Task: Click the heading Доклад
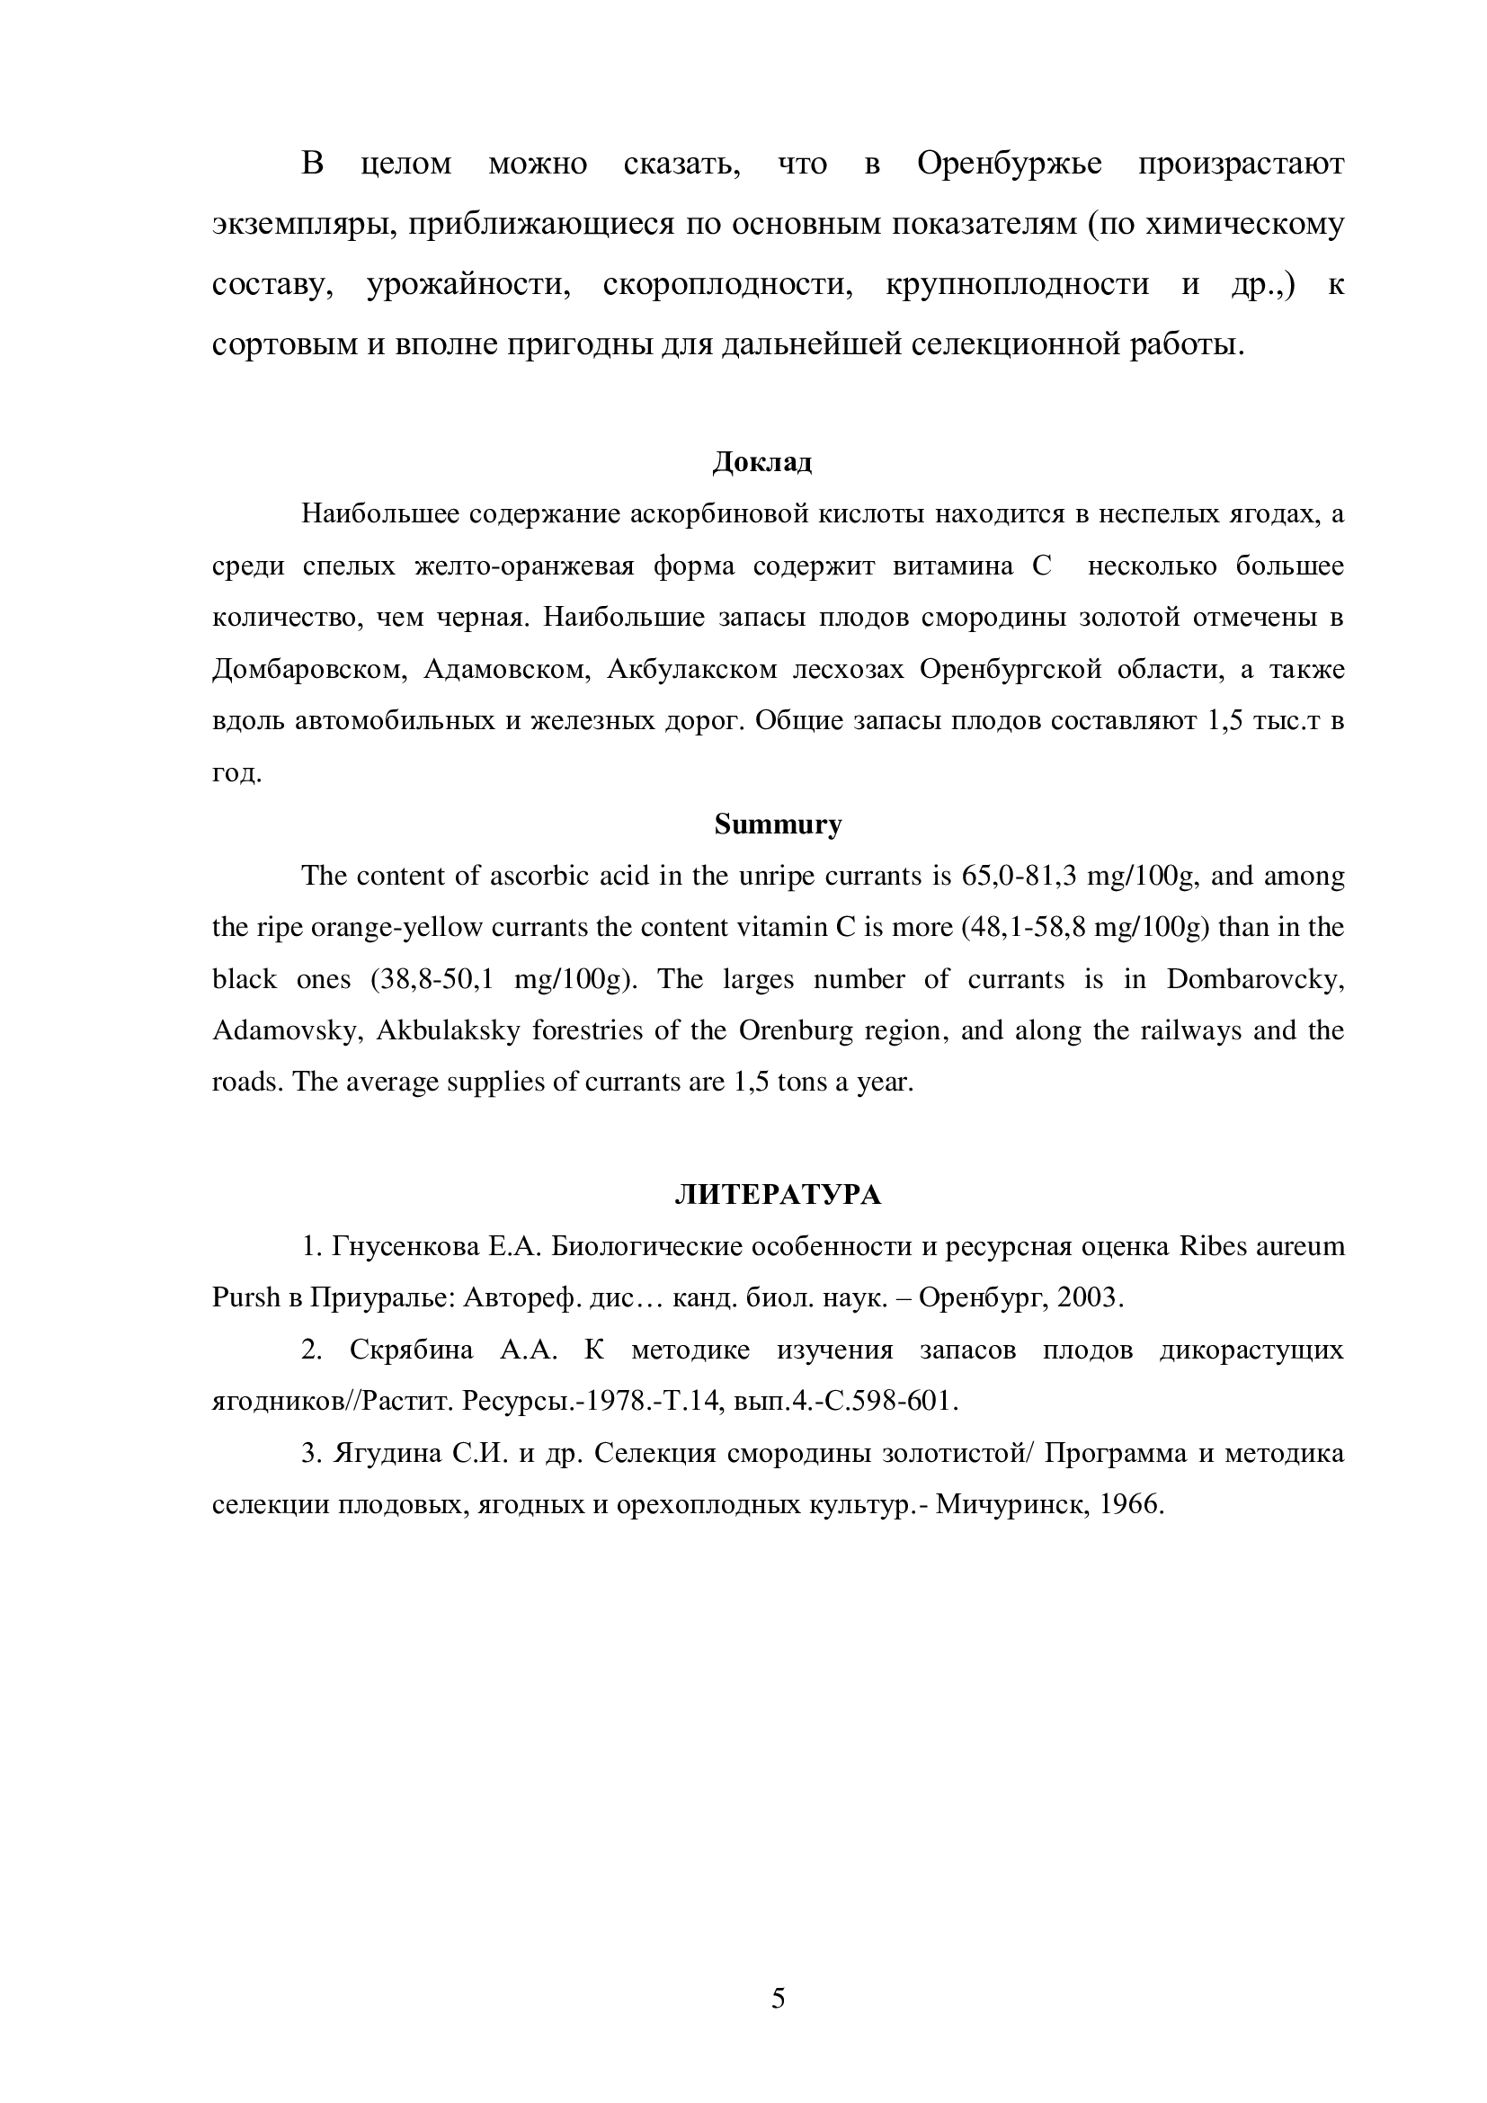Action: click(x=761, y=462)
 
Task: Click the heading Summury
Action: click(x=778, y=824)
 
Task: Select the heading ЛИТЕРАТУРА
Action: click(x=778, y=1194)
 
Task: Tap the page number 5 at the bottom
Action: click(x=778, y=1997)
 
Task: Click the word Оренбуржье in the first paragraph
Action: click(x=1009, y=164)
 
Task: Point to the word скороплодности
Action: click(x=728, y=285)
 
